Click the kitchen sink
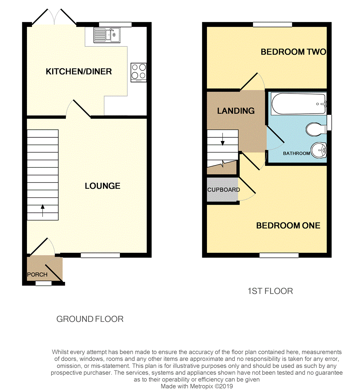(x=107, y=35)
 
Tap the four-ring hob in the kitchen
(x=139, y=73)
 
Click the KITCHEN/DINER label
(x=79, y=72)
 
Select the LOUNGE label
(x=103, y=186)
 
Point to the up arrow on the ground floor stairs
(x=42, y=210)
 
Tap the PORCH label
(x=37, y=274)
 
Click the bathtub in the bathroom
(x=299, y=104)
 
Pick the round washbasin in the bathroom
(x=319, y=150)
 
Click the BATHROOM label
(x=296, y=153)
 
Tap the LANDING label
(x=236, y=111)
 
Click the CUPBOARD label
(x=224, y=190)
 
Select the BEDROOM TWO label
(x=293, y=52)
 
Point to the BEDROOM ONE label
(x=288, y=225)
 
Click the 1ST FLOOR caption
(x=270, y=291)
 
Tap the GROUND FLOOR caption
(x=90, y=319)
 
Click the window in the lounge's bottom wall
(x=100, y=255)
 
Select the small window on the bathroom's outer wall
(x=329, y=123)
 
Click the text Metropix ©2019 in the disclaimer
(x=211, y=386)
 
